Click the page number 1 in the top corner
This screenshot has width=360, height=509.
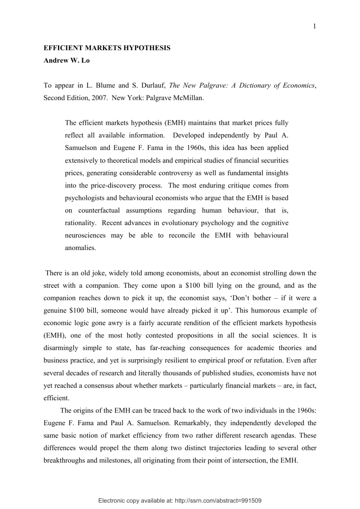point(315,26)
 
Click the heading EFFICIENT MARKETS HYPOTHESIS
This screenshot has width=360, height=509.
point(107,48)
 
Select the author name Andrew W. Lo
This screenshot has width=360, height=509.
point(66,61)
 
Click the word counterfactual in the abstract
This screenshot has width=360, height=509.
point(99,210)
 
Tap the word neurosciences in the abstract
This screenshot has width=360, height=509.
point(85,235)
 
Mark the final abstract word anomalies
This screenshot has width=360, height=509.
point(80,248)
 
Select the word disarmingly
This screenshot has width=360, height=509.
point(61,348)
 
